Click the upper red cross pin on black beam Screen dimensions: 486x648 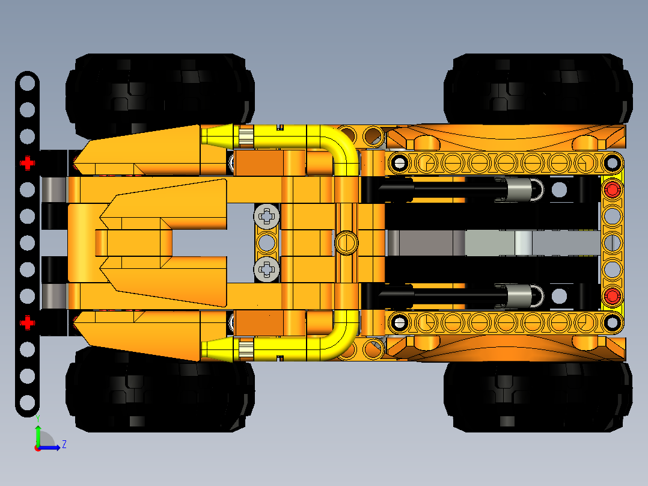click(27, 163)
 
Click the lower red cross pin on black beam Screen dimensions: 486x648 click(27, 323)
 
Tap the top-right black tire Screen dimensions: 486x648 click(538, 90)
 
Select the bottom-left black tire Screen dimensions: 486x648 click(159, 391)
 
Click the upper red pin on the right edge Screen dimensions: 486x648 click(612, 189)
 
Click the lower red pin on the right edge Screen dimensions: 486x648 click(612, 295)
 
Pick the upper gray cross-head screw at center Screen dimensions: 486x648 click(267, 215)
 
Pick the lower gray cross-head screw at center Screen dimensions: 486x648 click(267, 269)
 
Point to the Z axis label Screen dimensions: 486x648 click(64, 444)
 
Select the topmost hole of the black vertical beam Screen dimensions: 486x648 click(27, 84)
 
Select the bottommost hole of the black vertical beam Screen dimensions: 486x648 click(27, 402)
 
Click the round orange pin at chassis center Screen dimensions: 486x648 click(345, 242)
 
